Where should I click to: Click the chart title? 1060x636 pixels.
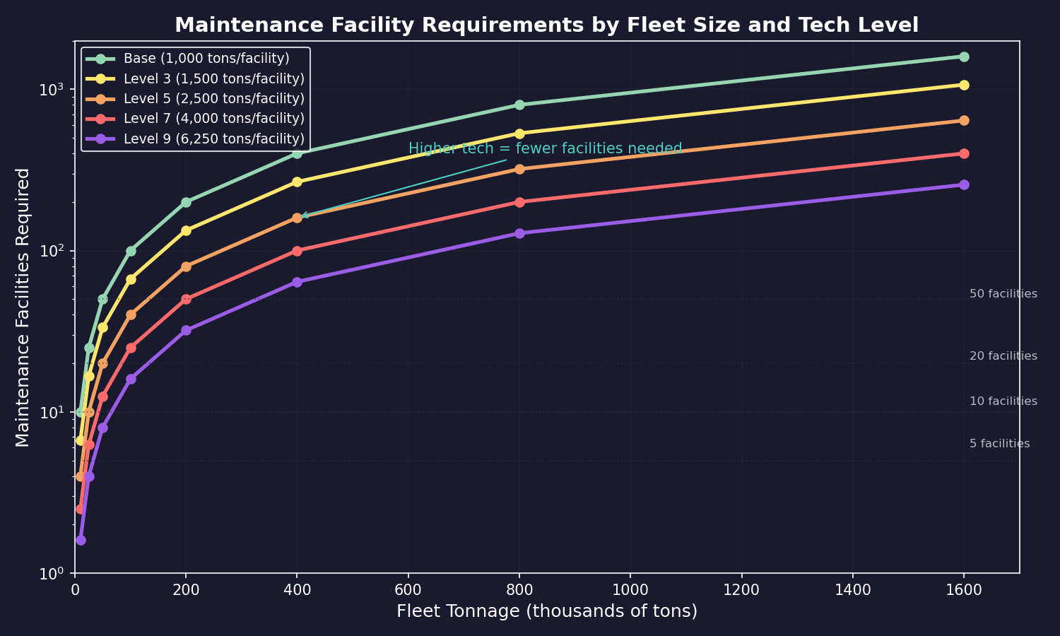[546, 25]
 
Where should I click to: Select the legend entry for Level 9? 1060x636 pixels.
[213, 139]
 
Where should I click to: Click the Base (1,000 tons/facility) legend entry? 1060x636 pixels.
[206, 59]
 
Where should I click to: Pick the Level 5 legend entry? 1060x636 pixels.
[213, 99]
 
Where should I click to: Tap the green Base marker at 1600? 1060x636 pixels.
[964, 57]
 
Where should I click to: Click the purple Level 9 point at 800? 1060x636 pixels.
[519, 233]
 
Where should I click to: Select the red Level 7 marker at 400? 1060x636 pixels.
[297, 251]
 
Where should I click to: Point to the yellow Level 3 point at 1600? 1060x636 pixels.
[964, 85]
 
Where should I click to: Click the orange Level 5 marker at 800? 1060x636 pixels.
[519, 169]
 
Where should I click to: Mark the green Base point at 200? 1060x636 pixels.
[186, 202]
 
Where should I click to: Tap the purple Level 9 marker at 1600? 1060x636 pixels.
[964, 184]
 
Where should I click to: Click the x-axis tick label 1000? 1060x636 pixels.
[630, 589]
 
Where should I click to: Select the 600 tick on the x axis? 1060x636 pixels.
[408, 589]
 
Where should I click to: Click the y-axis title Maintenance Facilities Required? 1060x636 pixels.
[23, 307]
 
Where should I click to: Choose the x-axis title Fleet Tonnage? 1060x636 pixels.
[546, 611]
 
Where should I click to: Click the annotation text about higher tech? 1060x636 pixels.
[545, 149]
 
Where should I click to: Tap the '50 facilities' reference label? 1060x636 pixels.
[1003, 294]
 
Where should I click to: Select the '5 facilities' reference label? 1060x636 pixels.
[999, 444]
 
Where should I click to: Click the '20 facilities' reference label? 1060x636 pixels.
[1003, 356]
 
